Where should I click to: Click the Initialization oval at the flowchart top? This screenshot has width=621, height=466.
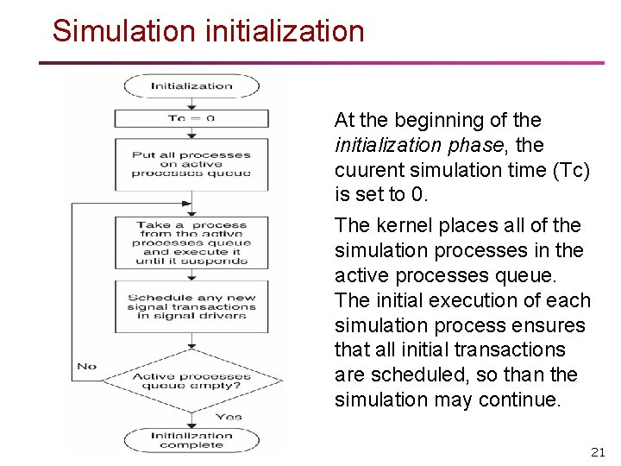[x=191, y=85]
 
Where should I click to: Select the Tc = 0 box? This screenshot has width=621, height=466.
[x=191, y=118]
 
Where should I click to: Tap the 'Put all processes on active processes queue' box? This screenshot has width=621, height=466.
[x=191, y=164]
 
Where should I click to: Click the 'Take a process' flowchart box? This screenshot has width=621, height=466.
[x=191, y=242]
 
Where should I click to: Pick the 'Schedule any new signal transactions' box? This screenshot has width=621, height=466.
[x=191, y=306]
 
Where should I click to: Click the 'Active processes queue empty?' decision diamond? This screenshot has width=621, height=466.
[x=191, y=381]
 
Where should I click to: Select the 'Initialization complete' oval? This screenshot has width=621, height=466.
[x=191, y=439]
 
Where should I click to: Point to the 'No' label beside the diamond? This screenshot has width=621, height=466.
[x=87, y=366]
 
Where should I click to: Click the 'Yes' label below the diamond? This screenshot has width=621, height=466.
[x=229, y=416]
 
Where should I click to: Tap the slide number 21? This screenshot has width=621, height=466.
[x=598, y=451]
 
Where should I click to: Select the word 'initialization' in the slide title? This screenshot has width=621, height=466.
[x=285, y=31]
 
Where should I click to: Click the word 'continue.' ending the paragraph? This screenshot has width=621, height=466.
[x=520, y=400]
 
